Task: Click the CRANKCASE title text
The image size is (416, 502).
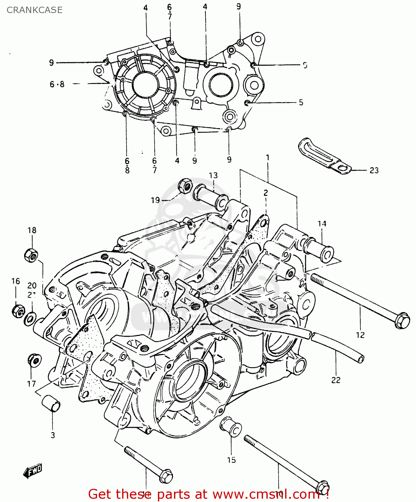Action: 34,10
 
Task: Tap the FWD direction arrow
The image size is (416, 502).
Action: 33,471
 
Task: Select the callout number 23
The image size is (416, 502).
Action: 374,170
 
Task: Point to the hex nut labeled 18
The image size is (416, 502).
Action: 31,255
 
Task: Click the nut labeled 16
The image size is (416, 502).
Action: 17,311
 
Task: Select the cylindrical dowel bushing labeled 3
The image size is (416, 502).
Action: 51,402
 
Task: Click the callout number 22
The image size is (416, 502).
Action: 336,380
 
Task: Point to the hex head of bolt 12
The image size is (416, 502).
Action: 402,320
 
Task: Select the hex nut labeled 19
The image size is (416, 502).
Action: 184,185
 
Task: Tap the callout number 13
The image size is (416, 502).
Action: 213,175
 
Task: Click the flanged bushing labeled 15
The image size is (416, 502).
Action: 231,426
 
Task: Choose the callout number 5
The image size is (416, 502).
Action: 301,102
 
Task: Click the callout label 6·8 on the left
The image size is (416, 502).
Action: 57,84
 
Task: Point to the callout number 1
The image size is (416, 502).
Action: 267,157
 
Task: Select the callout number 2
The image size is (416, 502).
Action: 265,193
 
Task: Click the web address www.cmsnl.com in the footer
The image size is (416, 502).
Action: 266,494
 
